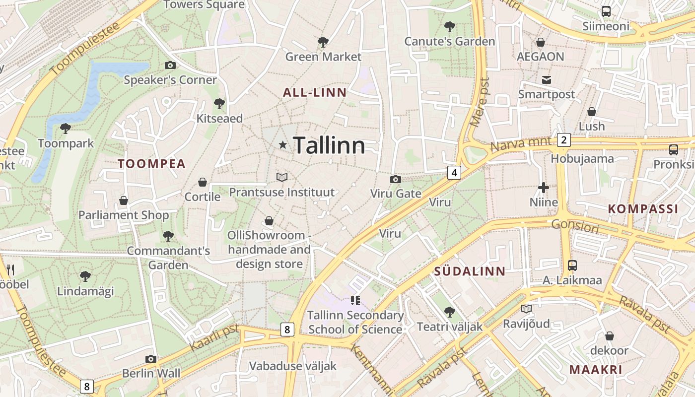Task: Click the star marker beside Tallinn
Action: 283,145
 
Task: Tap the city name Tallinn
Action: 329,145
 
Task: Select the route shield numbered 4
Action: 454,172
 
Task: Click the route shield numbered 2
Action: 563,140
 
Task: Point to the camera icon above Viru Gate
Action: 396,179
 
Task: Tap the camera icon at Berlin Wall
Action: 151,359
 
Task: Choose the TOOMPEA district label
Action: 151,164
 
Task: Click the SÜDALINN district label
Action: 470,271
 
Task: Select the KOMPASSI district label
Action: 643,209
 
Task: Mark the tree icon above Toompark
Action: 65,129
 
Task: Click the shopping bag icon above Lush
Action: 591,112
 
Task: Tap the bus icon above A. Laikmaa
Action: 572,265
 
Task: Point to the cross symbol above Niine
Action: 544,188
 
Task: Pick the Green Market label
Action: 323,57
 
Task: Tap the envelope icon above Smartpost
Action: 547,79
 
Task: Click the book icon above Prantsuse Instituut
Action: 282,177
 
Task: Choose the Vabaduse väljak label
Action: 292,366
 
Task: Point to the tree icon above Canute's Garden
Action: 450,26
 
